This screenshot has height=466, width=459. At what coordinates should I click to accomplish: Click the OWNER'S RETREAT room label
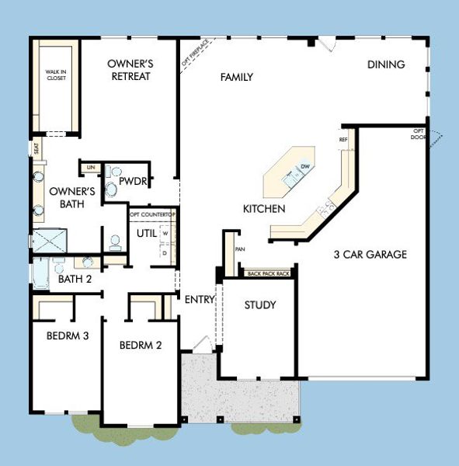pos(129,70)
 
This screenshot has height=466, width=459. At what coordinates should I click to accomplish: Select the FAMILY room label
pos(238,77)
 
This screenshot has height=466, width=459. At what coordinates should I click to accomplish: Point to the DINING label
pos(386,65)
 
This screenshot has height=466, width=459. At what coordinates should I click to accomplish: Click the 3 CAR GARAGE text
pos(370,254)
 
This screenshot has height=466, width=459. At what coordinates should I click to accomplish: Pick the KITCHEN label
pos(264,209)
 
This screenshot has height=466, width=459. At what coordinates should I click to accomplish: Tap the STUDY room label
pos(260,305)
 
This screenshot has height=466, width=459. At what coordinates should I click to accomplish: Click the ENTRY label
pos(200,299)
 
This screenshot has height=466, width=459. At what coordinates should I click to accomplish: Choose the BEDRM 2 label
pos(141,346)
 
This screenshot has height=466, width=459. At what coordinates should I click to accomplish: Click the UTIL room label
pos(147,233)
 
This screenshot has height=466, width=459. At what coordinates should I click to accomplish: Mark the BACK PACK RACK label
pos(268,274)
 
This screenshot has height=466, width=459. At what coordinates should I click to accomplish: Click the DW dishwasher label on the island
pos(305,167)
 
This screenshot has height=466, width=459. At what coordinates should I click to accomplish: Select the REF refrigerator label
pos(343,140)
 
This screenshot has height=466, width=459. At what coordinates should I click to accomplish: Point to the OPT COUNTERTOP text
pos(152,214)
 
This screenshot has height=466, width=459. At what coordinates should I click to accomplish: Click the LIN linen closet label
pos(90,167)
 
